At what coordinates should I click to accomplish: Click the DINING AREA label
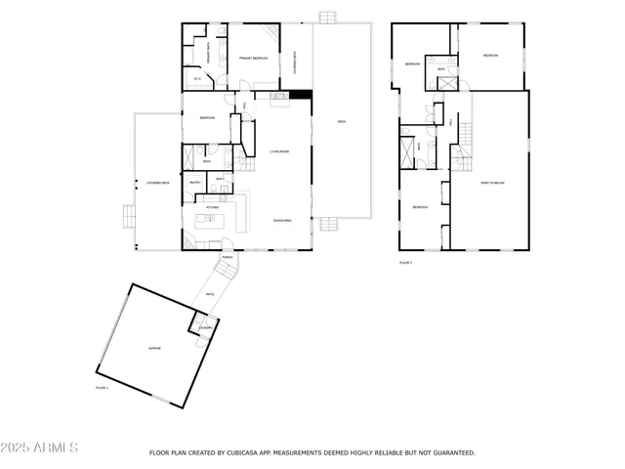tap(283, 220)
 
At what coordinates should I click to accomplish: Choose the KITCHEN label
tap(211, 207)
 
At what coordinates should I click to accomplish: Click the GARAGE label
tap(154, 348)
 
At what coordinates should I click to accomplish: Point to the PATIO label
tap(210, 294)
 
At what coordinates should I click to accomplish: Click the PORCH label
tap(227, 258)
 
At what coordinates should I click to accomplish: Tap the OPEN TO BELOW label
tap(491, 183)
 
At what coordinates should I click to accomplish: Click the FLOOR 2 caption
tap(405, 263)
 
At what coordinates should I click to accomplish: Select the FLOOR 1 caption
tap(102, 388)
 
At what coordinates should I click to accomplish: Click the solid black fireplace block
tap(303, 95)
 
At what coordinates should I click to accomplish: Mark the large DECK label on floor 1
tap(342, 122)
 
